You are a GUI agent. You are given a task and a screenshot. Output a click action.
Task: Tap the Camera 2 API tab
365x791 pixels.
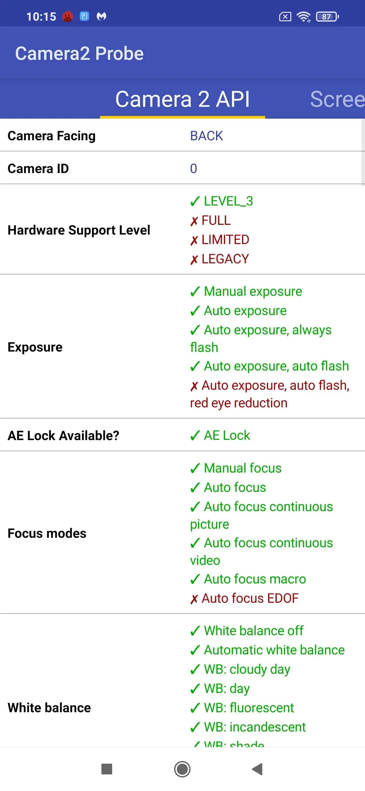point(182,99)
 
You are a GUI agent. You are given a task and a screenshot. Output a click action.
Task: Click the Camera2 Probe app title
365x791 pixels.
point(79,53)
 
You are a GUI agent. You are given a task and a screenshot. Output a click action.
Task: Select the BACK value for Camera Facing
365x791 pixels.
point(206,136)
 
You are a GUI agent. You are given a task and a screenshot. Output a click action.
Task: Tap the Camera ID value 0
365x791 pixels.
point(193,169)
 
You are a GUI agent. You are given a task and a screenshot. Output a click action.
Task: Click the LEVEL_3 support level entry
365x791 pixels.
point(221,201)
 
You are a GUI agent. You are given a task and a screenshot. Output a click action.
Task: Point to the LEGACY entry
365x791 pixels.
point(220,259)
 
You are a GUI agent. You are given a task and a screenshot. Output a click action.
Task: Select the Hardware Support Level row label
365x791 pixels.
point(79,230)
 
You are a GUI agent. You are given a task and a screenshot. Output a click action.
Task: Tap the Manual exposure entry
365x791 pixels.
point(246,291)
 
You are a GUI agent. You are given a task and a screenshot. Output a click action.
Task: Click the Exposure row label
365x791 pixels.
point(35,347)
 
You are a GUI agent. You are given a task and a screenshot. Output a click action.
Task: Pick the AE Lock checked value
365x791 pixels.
point(220,435)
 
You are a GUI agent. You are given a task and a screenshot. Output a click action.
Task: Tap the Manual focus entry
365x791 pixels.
point(236,468)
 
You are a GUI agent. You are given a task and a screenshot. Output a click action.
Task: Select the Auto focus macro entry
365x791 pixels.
point(248,579)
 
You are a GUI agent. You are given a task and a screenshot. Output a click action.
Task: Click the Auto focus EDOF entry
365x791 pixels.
point(244,598)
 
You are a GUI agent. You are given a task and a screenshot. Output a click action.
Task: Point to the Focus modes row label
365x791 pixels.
point(47,533)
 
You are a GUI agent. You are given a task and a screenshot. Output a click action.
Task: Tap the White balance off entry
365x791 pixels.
point(247,631)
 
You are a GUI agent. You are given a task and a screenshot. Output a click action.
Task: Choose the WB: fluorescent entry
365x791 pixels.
point(242,708)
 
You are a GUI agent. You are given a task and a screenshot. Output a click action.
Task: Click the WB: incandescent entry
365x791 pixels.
point(248,727)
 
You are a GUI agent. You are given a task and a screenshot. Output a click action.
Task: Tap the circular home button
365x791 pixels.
point(182,769)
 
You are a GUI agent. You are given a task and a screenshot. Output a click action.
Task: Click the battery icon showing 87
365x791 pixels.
point(327,17)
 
